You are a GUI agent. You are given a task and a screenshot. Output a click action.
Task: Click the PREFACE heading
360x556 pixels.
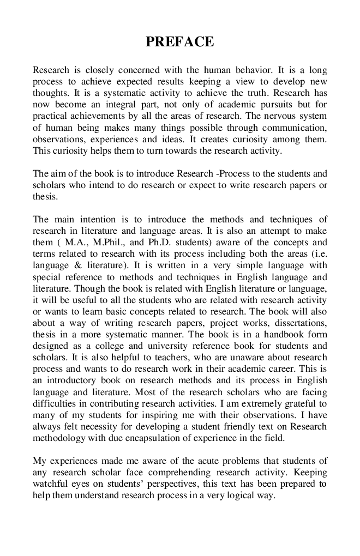[179, 42]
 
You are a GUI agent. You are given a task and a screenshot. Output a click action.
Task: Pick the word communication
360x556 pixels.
[295, 128]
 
